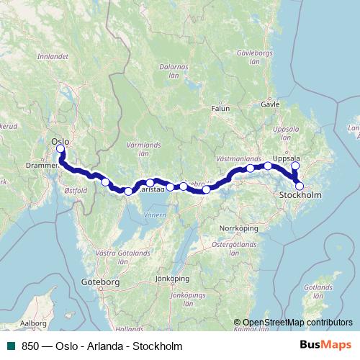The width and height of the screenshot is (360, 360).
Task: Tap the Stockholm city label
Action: [301, 195]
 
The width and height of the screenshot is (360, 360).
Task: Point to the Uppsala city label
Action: [286, 158]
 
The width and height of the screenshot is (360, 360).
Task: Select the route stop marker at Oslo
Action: [60, 149]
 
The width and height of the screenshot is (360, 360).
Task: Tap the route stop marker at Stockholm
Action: [300, 186]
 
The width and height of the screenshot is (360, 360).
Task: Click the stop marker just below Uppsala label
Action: [294, 167]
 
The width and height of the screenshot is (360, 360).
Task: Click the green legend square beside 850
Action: [12, 346]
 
